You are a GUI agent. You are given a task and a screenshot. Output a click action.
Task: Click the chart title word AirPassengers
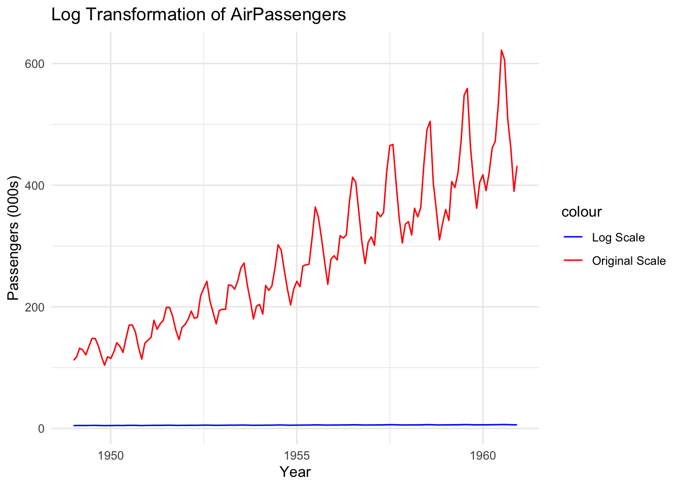288,15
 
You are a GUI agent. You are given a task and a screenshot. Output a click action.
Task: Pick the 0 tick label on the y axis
41,429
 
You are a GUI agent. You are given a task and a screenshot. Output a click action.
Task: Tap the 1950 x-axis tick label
110,455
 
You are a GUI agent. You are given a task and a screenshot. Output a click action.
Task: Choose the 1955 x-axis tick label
296,455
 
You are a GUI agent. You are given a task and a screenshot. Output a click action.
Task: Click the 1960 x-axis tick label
482,455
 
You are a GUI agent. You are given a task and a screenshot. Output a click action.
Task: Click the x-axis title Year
295,472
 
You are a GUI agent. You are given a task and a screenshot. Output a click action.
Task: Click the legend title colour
581,212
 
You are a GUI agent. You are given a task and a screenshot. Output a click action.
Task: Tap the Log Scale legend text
618,238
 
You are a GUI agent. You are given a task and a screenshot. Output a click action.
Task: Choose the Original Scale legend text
629,261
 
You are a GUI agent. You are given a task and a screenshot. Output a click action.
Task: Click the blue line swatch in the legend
573,237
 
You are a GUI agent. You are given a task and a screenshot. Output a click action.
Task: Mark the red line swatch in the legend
573,261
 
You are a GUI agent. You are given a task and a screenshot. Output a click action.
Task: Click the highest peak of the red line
501,50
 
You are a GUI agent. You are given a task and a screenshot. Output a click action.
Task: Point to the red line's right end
516,166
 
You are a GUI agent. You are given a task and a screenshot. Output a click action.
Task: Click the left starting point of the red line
74,360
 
